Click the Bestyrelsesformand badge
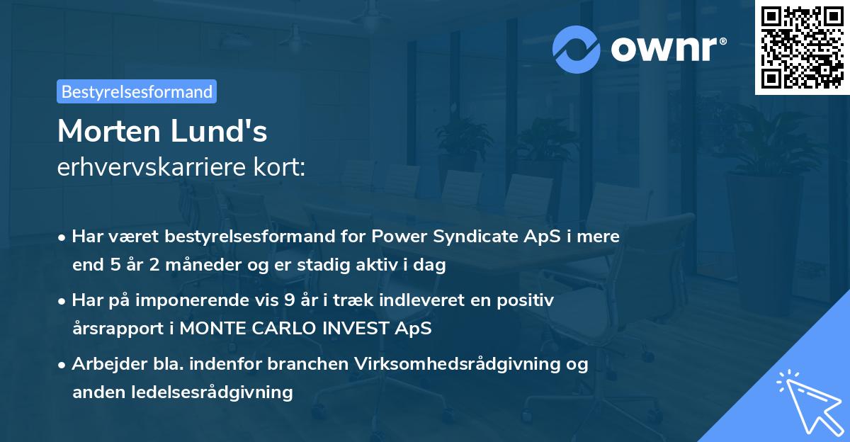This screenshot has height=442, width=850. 137,91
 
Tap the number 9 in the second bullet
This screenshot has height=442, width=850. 289,300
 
